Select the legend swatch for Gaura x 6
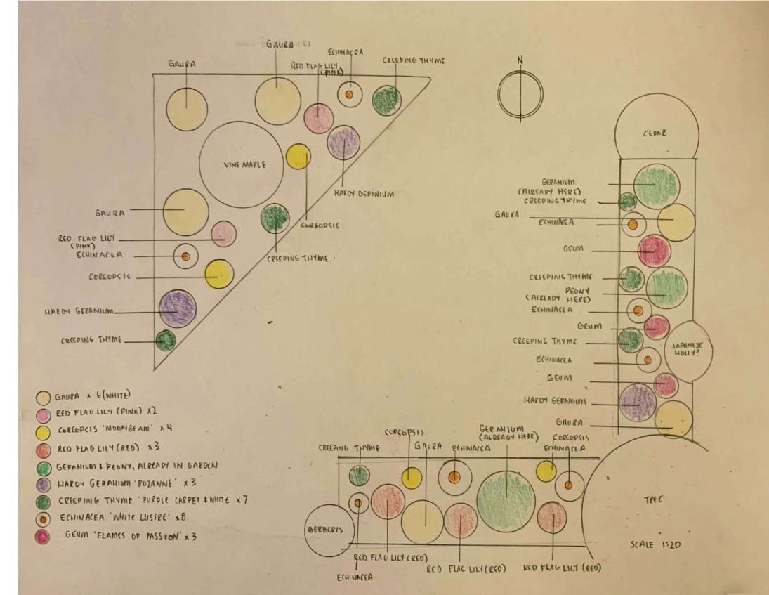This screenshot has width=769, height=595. [x=44, y=397]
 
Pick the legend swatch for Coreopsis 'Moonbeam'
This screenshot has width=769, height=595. [x=44, y=430]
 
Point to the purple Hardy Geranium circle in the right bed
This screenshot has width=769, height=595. [x=638, y=402]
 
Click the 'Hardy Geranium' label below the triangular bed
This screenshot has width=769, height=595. [x=364, y=194]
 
